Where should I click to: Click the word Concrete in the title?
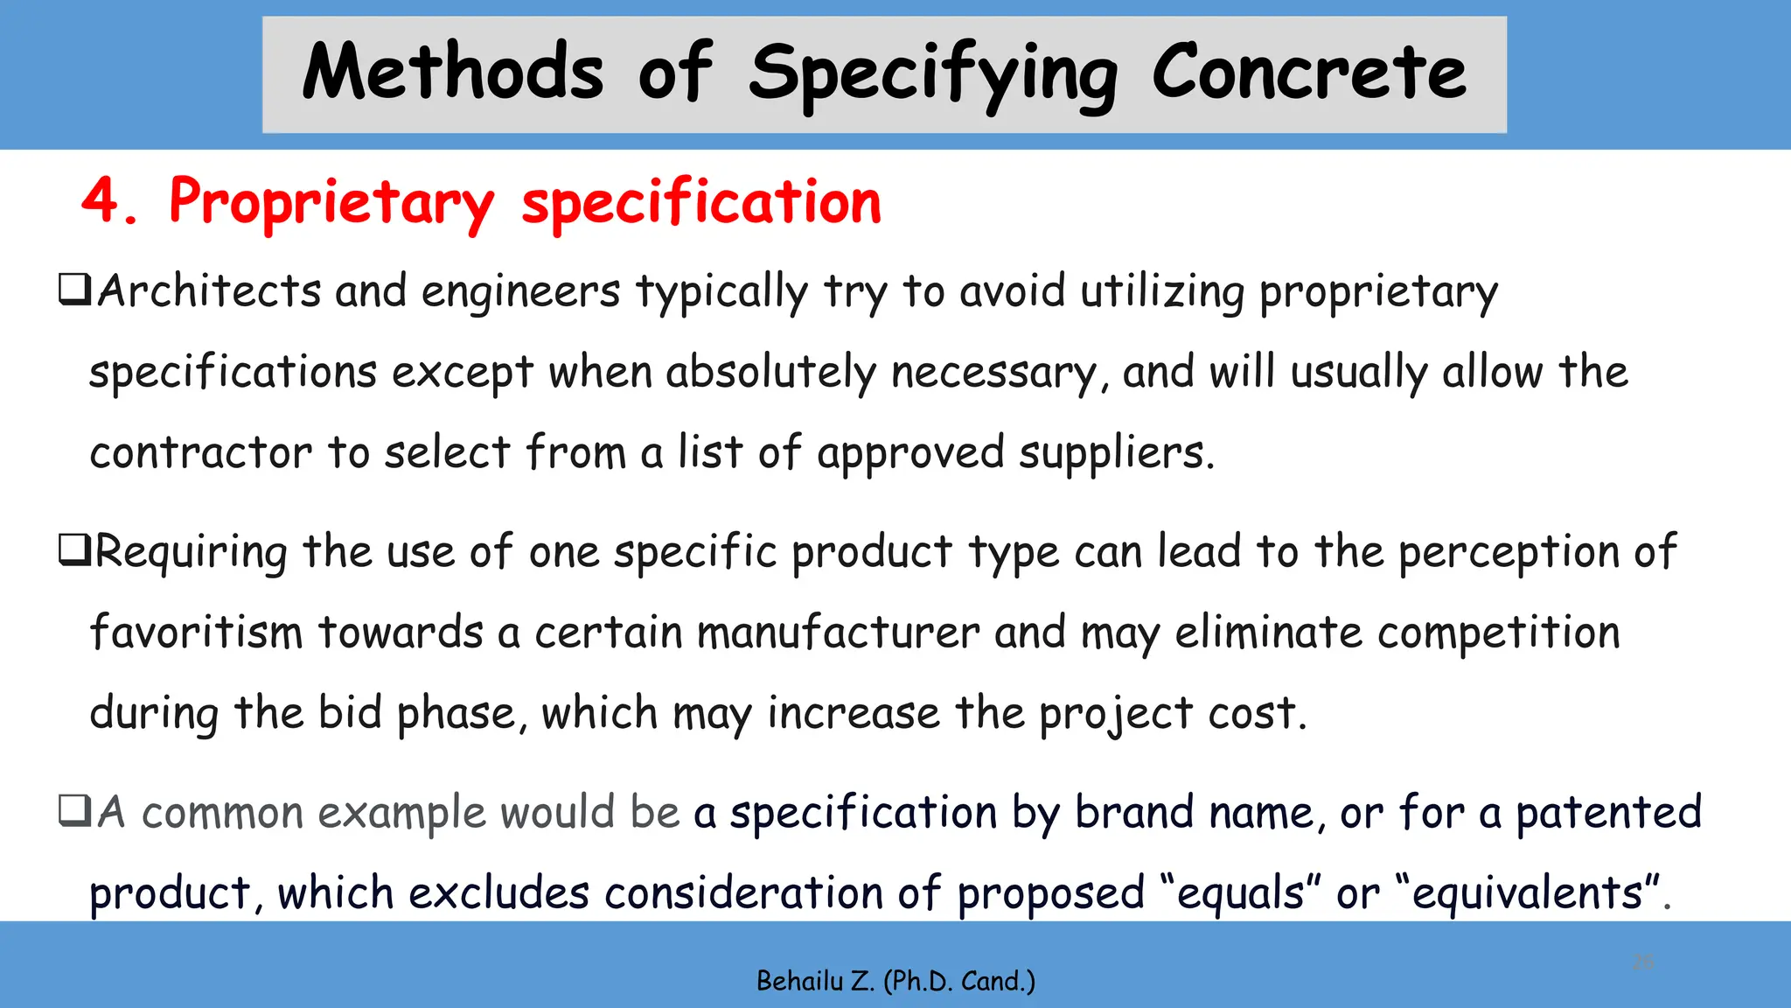coord(1308,73)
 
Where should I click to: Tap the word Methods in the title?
coord(453,73)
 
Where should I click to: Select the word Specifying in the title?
coord(932,77)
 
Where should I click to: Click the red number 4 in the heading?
coord(101,201)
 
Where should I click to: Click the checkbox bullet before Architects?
coord(74,289)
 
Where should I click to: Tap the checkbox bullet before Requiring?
coord(74,549)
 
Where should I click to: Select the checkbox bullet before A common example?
coord(74,810)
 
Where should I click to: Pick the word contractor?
coord(200,453)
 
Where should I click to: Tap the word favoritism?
coord(196,632)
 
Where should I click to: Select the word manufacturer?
coord(838,632)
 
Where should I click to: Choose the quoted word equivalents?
coord(1529,894)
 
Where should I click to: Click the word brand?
coord(1133,812)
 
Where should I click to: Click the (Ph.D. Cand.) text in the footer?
coord(959,982)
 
